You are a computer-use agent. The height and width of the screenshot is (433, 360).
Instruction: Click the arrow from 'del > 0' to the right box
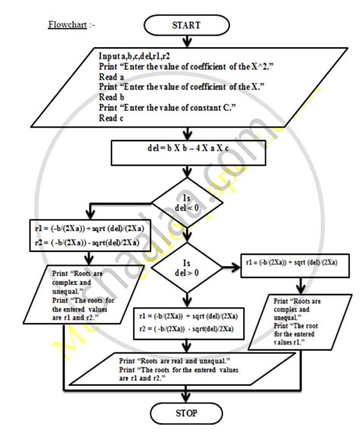tap(224, 267)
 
